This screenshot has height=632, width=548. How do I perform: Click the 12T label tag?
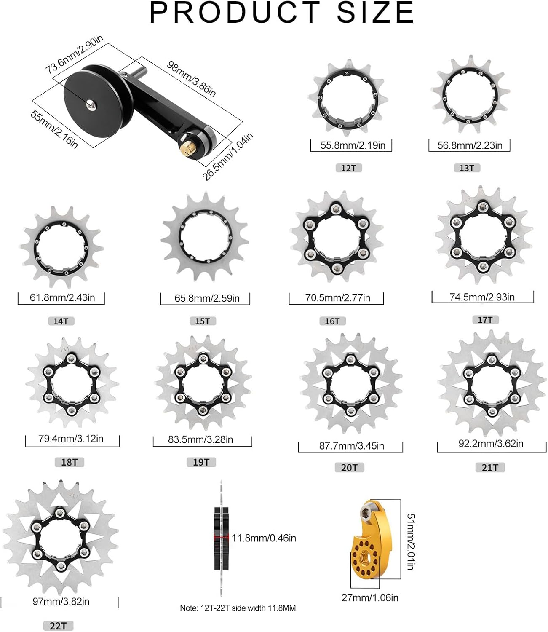pos(348,168)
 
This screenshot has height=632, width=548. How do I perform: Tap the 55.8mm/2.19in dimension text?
pos(353,145)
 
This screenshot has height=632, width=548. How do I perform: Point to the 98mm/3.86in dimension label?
pos(192,79)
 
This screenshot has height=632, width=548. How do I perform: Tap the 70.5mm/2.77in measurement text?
pos(337,298)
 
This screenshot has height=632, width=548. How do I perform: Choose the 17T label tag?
pos(485,320)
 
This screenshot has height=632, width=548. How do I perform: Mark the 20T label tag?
pos(349,467)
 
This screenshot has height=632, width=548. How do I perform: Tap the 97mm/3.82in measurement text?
pos(61,601)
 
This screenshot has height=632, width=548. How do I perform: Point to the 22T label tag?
pos(58,626)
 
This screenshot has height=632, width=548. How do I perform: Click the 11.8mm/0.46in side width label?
pos(264,538)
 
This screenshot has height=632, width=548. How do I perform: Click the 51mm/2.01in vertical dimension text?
pos(411,541)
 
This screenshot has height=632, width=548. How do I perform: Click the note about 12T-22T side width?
pos(238,608)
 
